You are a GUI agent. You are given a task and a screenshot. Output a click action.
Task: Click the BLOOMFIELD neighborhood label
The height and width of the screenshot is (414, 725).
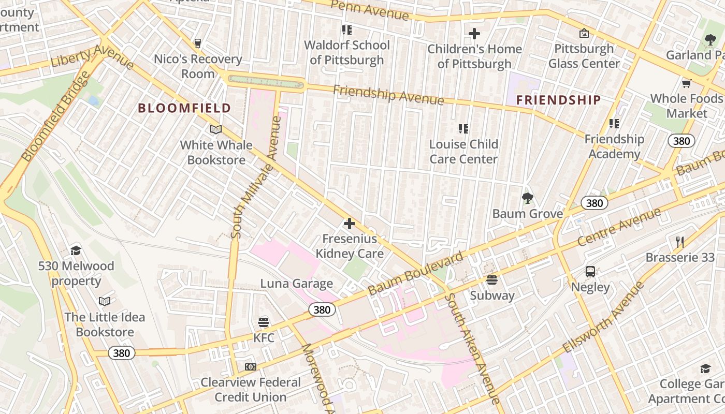click(184, 108)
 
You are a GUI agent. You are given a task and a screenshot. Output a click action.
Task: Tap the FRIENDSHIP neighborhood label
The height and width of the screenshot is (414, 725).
click(559, 100)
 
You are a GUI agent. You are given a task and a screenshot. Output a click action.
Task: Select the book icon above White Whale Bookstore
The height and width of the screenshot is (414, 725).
click(216, 129)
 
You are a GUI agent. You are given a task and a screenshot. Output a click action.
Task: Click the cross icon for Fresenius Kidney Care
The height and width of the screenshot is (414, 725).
click(350, 224)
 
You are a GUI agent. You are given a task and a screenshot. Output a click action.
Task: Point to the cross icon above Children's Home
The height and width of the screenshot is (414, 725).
click(474, 34)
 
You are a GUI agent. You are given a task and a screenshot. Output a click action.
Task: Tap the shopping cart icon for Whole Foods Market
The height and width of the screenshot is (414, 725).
click(687, 83)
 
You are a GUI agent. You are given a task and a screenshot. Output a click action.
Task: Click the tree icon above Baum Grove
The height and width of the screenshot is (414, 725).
click(527, 198)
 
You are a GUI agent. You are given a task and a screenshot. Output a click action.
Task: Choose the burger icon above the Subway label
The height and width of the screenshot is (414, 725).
click(491, 280)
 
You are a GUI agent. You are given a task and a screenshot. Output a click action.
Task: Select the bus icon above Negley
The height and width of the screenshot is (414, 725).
click(590, 271)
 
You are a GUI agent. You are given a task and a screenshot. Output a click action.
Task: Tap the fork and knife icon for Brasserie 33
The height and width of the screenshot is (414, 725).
click(680, 242)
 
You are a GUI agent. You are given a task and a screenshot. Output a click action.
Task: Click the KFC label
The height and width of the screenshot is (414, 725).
click(264, 337)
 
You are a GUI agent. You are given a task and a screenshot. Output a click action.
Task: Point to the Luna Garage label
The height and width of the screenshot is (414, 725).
click(296, 284)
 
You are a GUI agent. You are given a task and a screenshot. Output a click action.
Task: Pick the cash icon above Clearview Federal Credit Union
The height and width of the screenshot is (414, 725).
click(251, 367)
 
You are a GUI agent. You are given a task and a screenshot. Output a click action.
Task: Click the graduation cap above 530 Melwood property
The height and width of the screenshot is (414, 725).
click(76, 251)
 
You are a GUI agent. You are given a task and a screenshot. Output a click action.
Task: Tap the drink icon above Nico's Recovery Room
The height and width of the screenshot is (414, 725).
click(197, 43)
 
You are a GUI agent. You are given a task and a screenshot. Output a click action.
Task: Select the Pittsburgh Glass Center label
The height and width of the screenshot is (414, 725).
click(584, 56)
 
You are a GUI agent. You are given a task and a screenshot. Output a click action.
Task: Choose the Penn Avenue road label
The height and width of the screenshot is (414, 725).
click(369, 9)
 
